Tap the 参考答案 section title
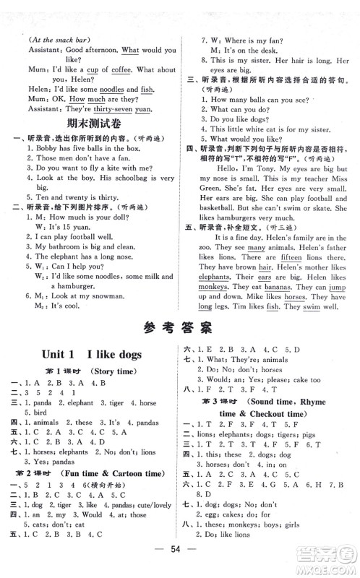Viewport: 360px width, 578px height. (179, 328)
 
